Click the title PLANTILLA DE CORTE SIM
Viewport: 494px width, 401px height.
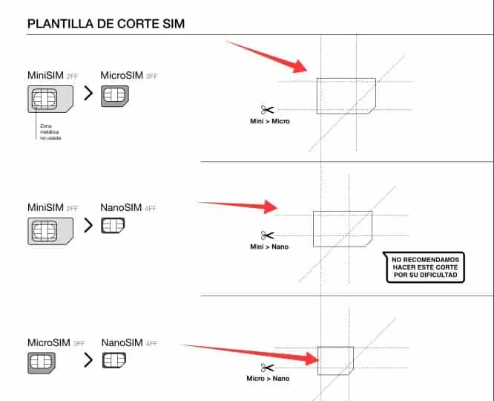tap(106, 25)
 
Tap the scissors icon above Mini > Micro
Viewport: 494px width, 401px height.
tap(267, 109)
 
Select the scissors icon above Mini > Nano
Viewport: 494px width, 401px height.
tap(267, 235)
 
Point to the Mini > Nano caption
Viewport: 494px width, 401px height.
tap(268, 245)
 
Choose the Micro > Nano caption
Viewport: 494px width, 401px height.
tap(267, 379)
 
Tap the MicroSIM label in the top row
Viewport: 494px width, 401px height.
tap(122, 76)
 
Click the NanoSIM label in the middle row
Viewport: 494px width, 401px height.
tap(122, 209)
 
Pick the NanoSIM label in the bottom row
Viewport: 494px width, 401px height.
tap(122, 343)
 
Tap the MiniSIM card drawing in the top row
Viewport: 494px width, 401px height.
tap(50, 99)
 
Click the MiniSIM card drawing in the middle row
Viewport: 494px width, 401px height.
tap(50, 231)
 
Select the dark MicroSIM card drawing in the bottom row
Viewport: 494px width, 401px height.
tap(42, 362)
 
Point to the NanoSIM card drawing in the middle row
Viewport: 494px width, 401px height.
tap(113, 226)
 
